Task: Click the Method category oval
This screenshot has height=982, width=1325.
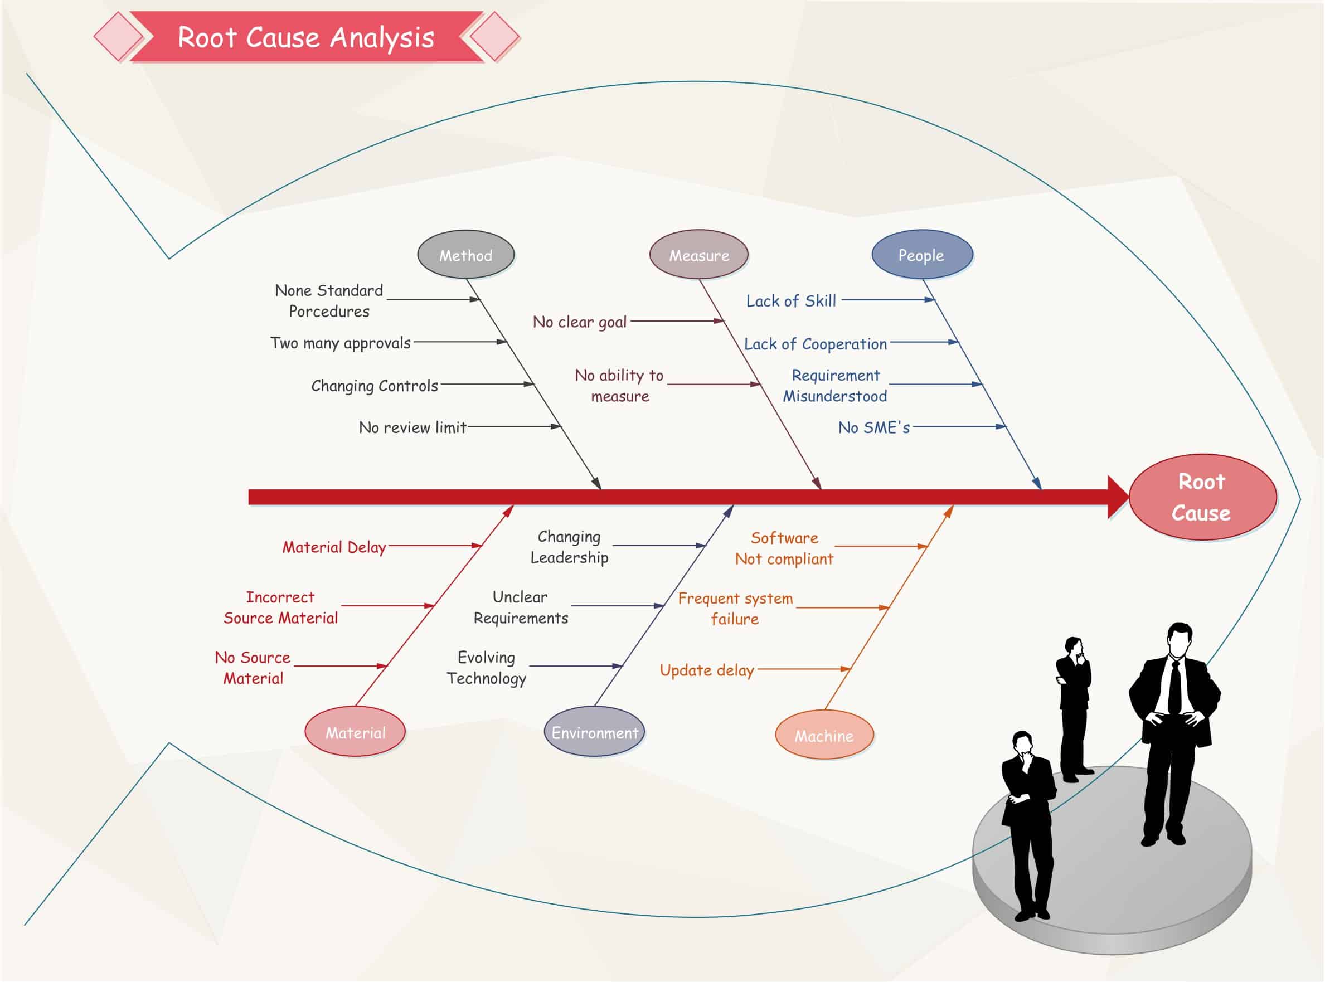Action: click(465, 255)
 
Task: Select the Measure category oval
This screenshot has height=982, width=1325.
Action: click(698, 255)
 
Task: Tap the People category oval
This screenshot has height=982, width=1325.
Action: click(921, 255)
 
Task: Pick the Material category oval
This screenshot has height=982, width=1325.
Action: click(355, 732)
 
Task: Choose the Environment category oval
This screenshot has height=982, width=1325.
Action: click(594, 732)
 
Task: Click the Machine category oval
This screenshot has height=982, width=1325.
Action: click(824, 735)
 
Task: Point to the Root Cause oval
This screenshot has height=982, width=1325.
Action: click(1201, 497)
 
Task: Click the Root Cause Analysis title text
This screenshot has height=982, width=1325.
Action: click(306, 37)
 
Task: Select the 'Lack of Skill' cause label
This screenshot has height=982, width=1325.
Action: click(790, 301)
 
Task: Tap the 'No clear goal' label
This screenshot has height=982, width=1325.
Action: click(580, 322)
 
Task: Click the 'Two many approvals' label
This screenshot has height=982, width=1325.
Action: click(340, 343)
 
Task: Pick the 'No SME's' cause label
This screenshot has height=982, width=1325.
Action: click(874, 427)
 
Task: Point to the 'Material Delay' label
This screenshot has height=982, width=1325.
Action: click(334, 547)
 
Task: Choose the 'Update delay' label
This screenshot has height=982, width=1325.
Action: click(707, 670)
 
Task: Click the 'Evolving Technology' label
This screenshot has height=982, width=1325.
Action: click(486, 668)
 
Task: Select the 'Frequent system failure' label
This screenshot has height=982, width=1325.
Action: click(735, 608)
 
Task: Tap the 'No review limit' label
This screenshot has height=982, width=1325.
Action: click(412, 427)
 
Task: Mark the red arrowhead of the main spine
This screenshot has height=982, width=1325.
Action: click(1117, 497)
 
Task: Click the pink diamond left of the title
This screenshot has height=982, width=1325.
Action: click(118, 37)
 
